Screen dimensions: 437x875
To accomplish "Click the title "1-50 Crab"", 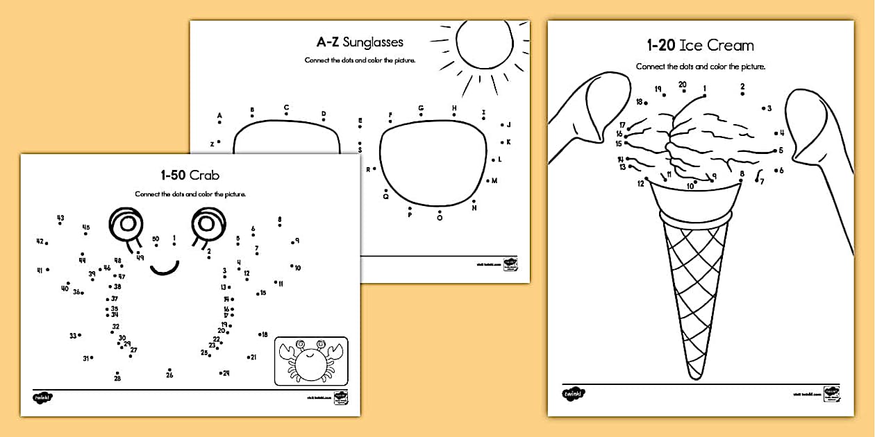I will pos(190,175).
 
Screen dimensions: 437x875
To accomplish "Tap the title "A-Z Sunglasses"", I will pos(360,42).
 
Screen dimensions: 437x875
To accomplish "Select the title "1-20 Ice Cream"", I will pos(700,46).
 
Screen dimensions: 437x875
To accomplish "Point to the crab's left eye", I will pos(126,223).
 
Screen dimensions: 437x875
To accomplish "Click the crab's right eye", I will pos(206,222).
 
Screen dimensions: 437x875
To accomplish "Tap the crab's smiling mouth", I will pos(165,267).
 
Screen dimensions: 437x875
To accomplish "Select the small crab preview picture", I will pos(311,361).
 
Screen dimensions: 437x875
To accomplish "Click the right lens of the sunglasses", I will pos(431,164).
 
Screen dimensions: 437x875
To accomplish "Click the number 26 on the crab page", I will pos(169,375).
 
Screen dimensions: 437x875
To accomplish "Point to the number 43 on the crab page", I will pos(60,218).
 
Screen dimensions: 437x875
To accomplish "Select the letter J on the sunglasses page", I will pos(508,125).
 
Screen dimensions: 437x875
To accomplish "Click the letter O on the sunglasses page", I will pos(440,218).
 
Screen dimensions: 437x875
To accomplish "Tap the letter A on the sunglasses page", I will pos(219,116).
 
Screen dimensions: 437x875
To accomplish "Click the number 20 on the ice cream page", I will pos(683,85).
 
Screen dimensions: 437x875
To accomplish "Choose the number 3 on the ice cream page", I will pos(769,108).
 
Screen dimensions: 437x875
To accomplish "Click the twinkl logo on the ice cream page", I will pos(574,394).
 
